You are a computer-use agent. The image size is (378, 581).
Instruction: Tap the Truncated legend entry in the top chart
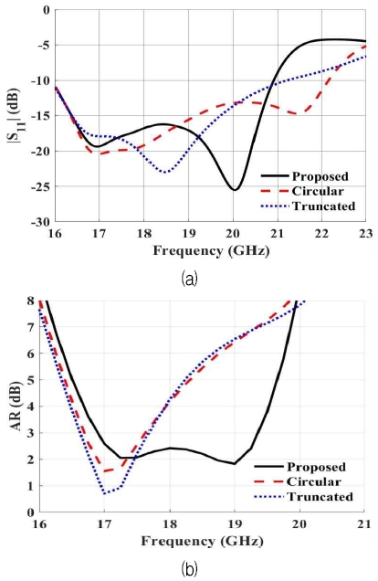point(319,206)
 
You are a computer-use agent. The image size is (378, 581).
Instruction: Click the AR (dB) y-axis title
point(14,406)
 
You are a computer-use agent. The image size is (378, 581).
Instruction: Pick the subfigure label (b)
point(188,569)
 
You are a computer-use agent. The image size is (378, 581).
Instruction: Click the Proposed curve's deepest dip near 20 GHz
point(235,189)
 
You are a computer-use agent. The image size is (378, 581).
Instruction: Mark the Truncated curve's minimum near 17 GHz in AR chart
point(106,493)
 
